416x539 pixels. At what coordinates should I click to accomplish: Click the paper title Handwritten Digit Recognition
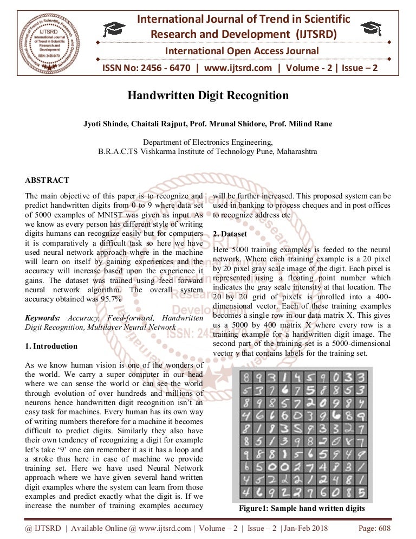click(208, 96)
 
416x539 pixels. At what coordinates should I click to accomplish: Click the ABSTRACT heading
click(47, 180)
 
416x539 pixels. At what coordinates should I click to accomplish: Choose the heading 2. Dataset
click(230, 234)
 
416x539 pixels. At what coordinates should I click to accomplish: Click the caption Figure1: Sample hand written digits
click(302, 509)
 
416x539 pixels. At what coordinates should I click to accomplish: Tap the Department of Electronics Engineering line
click(207, 142)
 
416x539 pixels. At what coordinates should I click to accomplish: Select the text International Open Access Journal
click(242, 52)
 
